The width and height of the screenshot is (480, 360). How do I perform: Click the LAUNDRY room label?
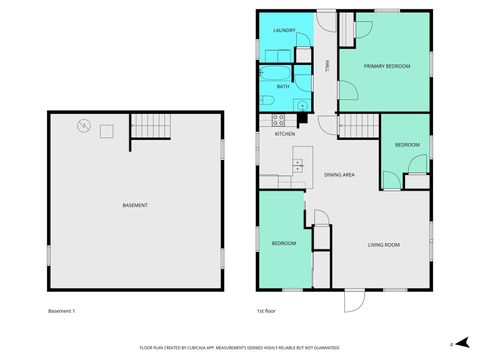pyautogui.click(x=284, y=32)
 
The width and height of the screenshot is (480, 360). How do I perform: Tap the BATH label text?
pyautogui.click(x=283, y=87)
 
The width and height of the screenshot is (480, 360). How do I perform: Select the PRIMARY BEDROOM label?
pyautogui.click(x=386, y=66)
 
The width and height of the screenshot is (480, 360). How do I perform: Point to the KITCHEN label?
pyautogui.click(x=285, y=133)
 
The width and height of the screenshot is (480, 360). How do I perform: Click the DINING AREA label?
pyautogui.click(x=339, y=175)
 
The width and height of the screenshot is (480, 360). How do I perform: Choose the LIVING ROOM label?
pyautogui.click(x=384, y=245)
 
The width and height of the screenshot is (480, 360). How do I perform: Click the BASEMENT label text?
pyautogui.click(x=135, y=205)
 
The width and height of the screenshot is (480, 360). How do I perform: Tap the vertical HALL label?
pyautogui.click(x=327, y=67)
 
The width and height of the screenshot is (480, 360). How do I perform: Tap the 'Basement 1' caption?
pyautogui.click(x=62, y=312)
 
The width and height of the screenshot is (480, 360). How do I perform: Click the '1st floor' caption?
pyautogui.click(x=267, y=312)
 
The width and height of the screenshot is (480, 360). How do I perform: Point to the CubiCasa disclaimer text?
pyautogui.click(x=240, y=347)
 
